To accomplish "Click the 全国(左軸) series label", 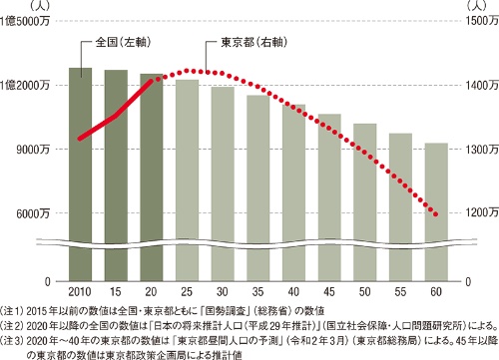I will coord(121,44).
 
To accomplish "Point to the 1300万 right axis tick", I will coord(479,150).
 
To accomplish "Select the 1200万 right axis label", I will coord(479,212).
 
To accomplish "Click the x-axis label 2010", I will coord(81,290).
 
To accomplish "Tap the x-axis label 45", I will coord(329,290).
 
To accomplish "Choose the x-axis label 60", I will coord(436,290).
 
